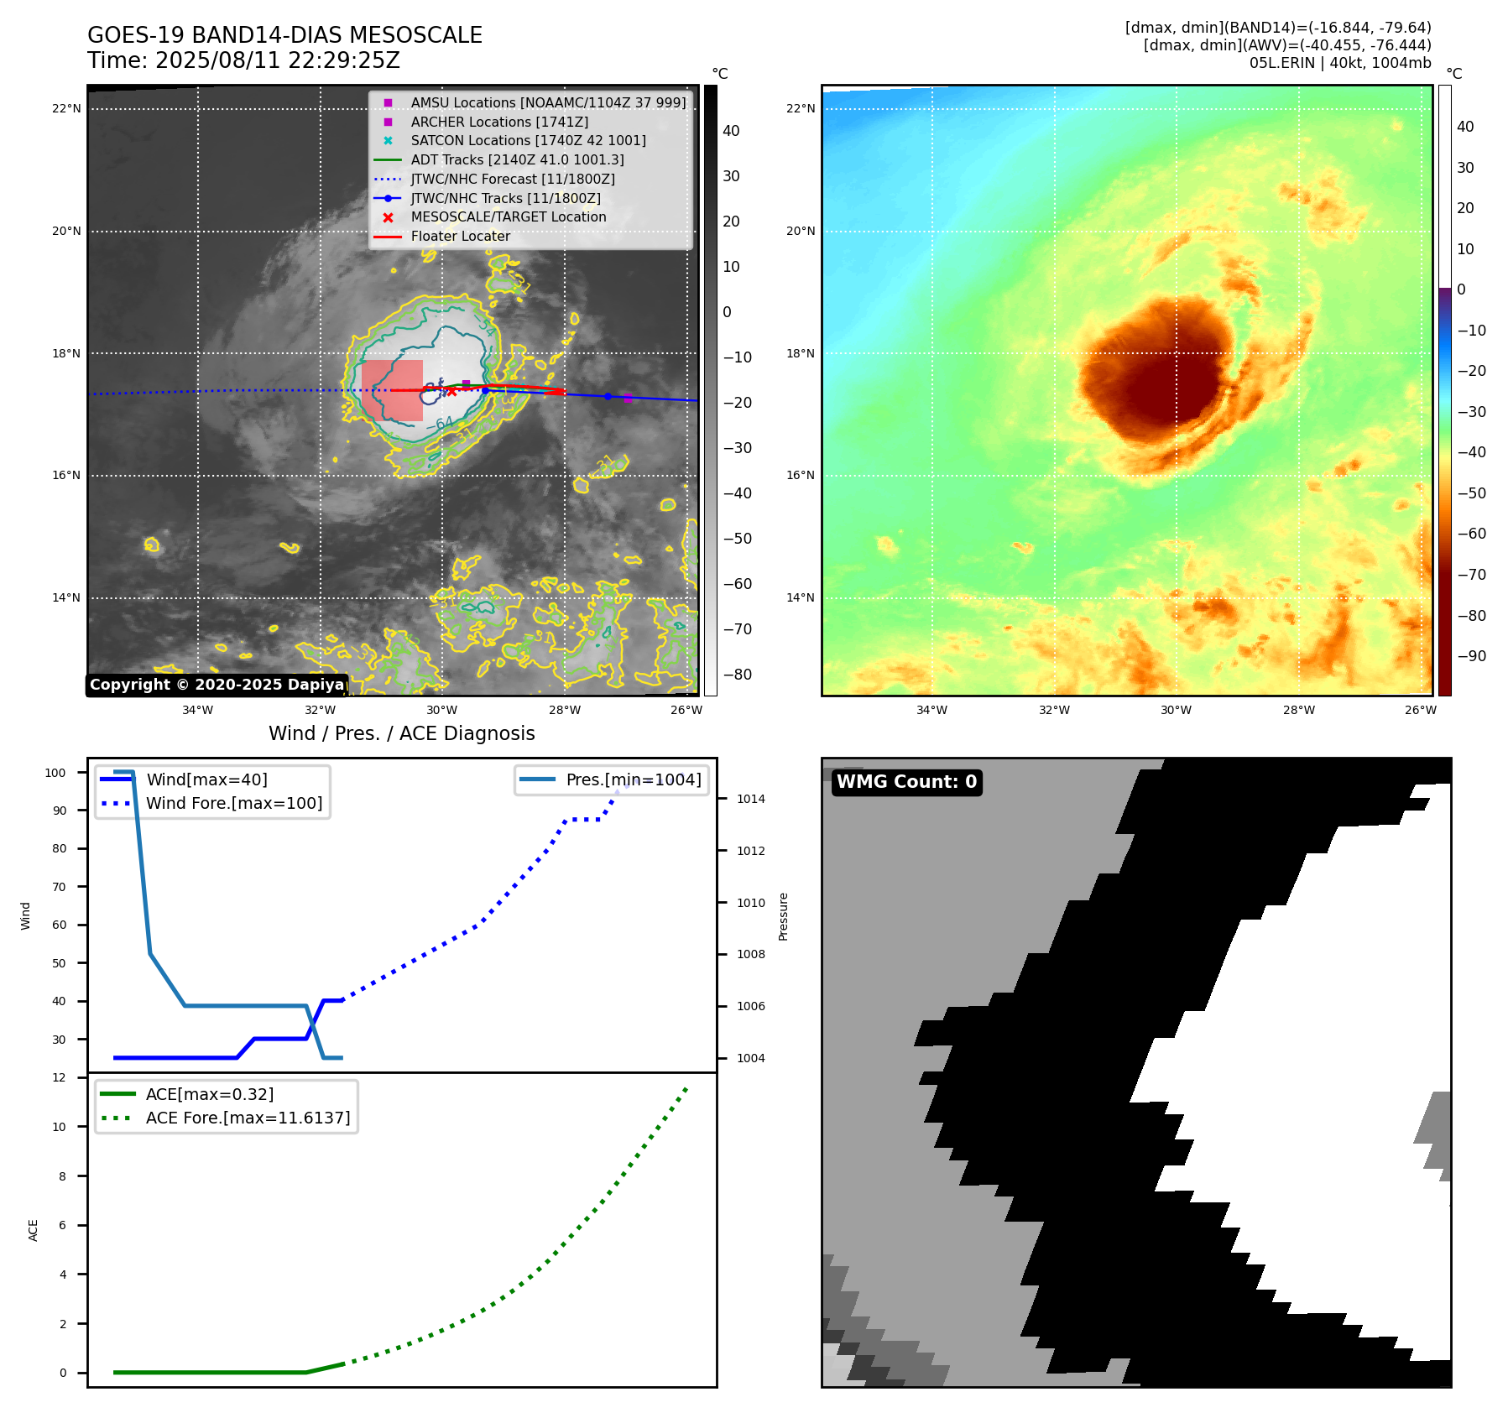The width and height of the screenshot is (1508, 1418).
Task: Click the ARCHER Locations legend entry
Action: click(x=499, y=122)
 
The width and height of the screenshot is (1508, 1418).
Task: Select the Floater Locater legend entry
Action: click(x=460, y=237)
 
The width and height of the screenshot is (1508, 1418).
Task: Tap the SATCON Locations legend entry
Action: click(x=528, y=141)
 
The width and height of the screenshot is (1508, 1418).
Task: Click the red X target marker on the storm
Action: click(x=451, y=391)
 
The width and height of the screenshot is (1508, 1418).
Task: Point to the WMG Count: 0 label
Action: click(x=906, y=782)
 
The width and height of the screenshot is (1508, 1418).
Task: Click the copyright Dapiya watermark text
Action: click(x=217, y=685)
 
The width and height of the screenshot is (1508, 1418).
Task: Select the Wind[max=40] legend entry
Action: click(x=206, y=779)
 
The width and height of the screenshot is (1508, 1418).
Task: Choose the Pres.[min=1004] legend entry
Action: click(x=633, y=779)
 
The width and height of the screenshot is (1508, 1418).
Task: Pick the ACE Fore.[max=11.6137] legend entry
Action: click(x=248, y=1118)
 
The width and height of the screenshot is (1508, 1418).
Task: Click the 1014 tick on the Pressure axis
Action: click(x=750, y=799)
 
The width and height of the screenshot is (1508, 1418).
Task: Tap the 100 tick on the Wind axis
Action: click(x=55, y=773)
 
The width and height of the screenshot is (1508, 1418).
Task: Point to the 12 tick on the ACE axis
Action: click(x=59, y=1077)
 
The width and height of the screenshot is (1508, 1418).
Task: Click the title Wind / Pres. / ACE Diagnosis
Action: click(x=401, y=733)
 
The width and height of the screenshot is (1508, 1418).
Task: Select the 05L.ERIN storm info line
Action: click(x=1339, y=63)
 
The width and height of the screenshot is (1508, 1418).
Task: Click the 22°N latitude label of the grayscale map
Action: click(x=66, y=108)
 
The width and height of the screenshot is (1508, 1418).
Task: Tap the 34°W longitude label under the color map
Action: click(x=931, y=710)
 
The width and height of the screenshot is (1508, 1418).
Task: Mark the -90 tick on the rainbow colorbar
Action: click(x=1471, y=656)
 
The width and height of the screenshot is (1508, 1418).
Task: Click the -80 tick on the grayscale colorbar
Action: click(x=738, y=675)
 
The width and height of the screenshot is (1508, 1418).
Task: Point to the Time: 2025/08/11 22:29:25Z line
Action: click(x=243, y=60)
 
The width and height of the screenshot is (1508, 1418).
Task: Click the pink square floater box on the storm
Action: click(x=392, y=390)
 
